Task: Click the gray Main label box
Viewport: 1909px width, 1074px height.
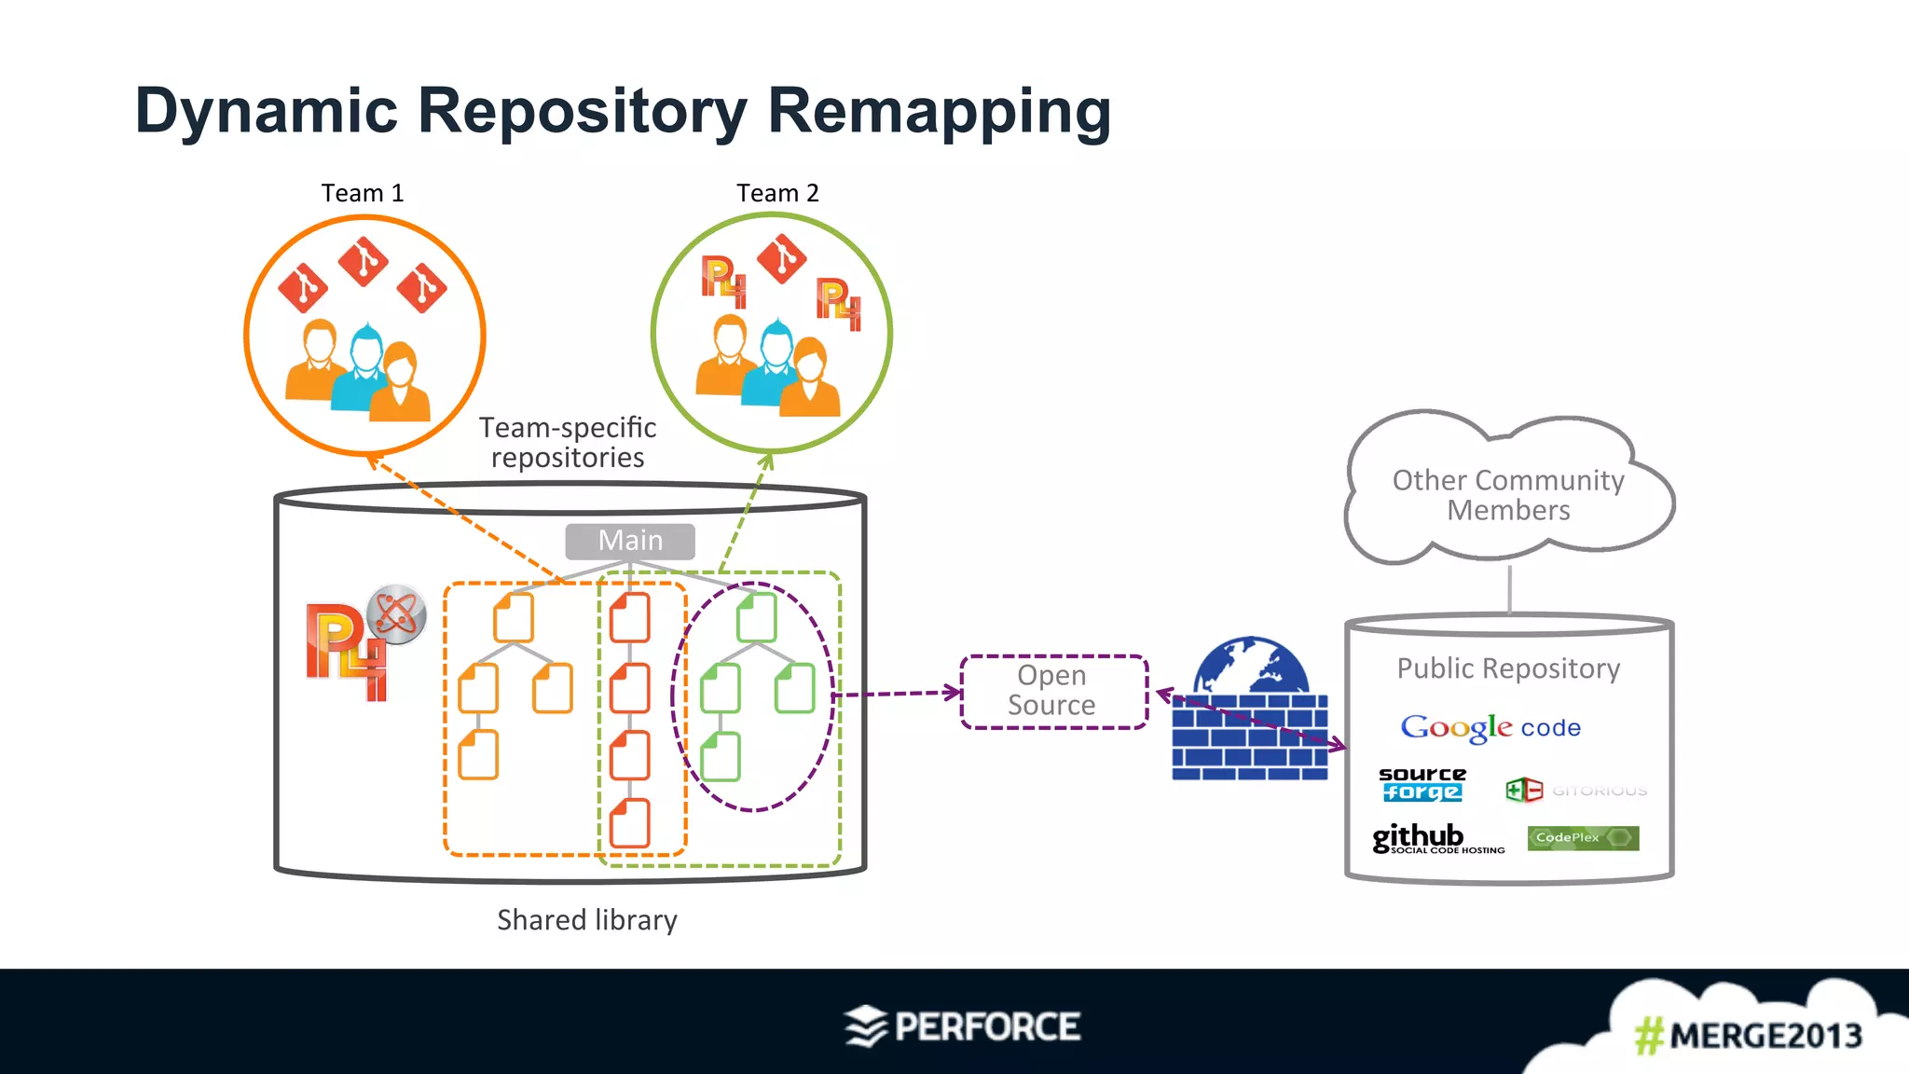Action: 630,541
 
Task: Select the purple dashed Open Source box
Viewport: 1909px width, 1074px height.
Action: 1053,692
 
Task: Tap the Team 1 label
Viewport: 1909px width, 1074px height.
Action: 363,193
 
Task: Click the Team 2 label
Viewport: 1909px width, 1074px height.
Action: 777,193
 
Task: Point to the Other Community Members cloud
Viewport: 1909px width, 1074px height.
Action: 1507,494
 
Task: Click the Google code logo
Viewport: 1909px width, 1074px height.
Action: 1490,727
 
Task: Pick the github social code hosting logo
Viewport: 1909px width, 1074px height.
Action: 1436,838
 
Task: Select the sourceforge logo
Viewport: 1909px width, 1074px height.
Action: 1421,784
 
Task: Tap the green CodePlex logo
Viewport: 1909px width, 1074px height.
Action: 1582,837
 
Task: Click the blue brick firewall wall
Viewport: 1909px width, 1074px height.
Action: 1249,737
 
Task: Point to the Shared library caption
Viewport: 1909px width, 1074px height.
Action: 587,920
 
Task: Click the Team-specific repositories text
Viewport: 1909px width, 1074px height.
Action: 568,442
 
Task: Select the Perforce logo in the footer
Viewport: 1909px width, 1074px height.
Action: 963,1026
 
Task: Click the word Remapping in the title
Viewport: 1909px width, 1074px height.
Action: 939,110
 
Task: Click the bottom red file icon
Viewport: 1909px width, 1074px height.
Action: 630,823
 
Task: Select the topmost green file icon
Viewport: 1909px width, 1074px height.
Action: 756,616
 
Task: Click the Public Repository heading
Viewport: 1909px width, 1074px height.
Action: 1508,668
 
